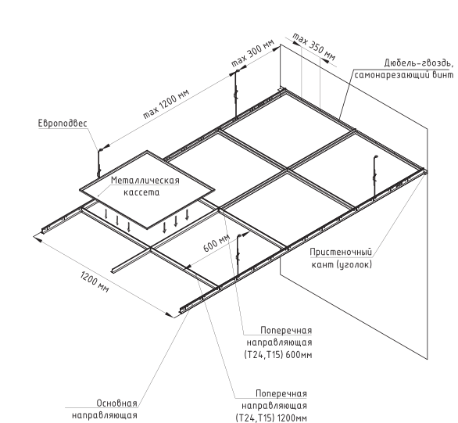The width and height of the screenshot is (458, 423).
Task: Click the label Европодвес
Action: click(x=63, y=124)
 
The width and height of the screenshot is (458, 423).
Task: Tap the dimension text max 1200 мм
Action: click(x=166, y=103)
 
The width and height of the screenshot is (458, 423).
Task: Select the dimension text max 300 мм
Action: click(x=253, y=52)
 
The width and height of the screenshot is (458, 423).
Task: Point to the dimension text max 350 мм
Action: click(x=313, y=47)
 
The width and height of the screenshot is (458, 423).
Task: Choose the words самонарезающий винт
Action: click(x=404, y=75)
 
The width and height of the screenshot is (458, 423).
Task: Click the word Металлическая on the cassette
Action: click(x=145, y=181)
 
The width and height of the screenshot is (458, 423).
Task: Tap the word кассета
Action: click(x=141, y=192)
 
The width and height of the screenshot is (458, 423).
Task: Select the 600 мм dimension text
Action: click(x=216, y=242)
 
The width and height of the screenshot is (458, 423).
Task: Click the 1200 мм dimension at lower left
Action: click(x=95, y=282)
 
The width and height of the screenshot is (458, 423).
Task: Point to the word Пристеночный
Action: click(x=341, y=252)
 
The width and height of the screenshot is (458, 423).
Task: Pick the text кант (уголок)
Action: click(x=342, y=264)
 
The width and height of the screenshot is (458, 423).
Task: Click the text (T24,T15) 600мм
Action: click(x=278, y=355)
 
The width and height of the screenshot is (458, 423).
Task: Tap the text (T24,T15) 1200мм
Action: click(x=271, y=418)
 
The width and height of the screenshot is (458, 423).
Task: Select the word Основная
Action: click(x=116, y=403)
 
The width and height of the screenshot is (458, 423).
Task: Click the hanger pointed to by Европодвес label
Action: click(x=99, y=163)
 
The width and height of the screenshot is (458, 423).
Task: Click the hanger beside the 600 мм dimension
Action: click(x=238, y=254)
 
